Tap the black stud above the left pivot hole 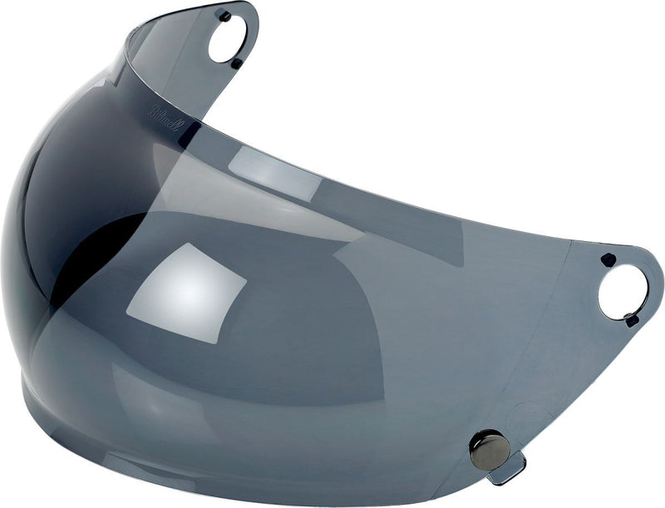pyautogui.click(x=224, y=15)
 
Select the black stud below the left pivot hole pyautogui.click(x=237, y=63)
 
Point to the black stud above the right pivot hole pyautogui.click(x=608, y=259)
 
